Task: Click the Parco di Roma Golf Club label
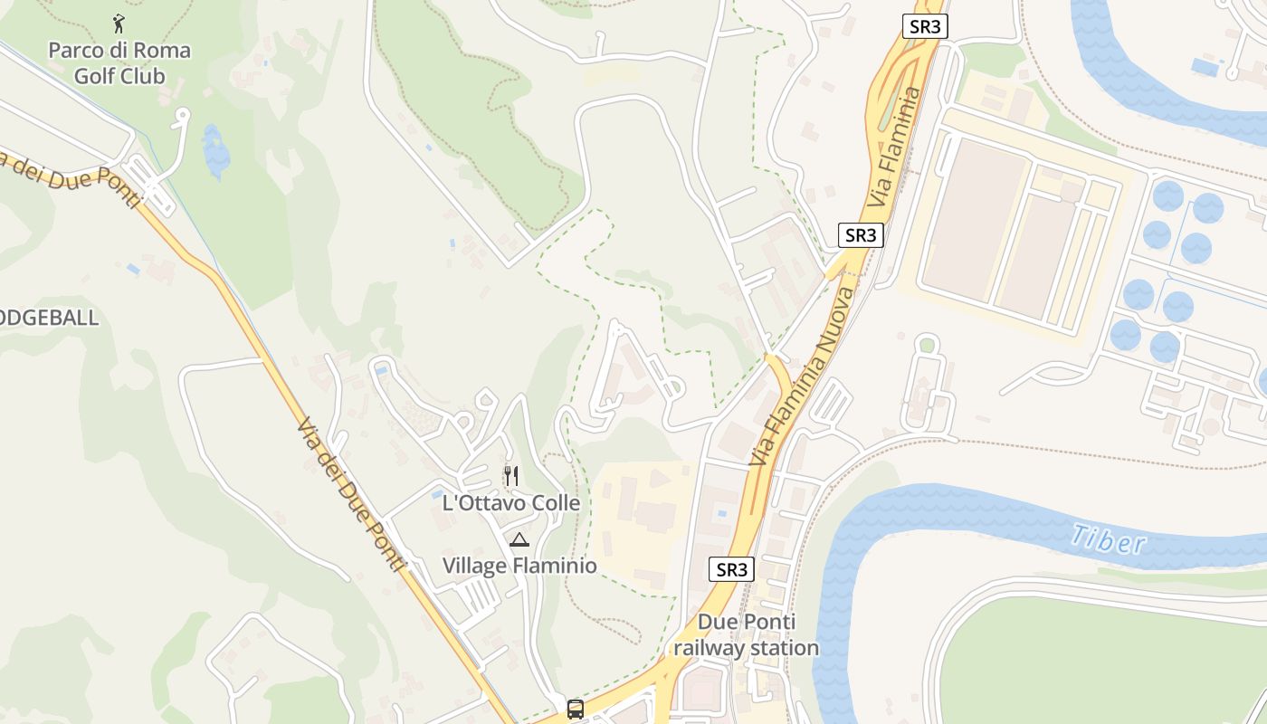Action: [x=119, y=62]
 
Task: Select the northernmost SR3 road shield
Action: [x=925, y=26]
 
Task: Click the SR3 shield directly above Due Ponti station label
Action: [x=731, y=569]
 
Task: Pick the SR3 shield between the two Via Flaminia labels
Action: [x=860, y=235]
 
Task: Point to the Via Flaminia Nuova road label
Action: [x=801, y=377]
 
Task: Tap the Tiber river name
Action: [x=1108, y=539]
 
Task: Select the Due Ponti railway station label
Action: [x=746, y=634]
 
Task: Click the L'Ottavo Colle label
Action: [x=511, y=502]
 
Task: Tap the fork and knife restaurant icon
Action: [x=511, y=475]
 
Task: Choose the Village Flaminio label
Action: [x=519, y=566]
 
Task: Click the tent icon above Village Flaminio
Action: [x=519, y=540]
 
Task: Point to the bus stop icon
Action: [x=576, y=709]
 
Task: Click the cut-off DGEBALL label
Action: [x=49, y=319]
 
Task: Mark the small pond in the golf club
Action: [x=215, y=151]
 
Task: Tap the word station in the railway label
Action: [x=780, y=648]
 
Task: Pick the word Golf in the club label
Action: [x=95, y=76]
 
